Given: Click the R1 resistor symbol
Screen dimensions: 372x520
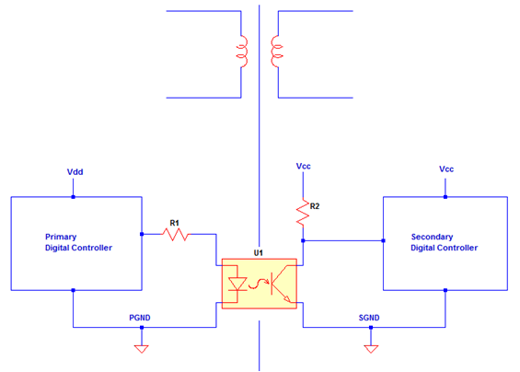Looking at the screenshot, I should click(x=176, y=235).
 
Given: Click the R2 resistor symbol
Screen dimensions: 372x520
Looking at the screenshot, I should click(x=301, y=213).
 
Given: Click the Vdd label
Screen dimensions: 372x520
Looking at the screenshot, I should click(x=75, y=172).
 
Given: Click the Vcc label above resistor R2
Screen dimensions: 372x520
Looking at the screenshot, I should click(x=303, y=166).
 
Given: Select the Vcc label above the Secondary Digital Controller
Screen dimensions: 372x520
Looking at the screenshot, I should click(x=446, y=169).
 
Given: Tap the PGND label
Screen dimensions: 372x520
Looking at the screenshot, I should click(x=140, y=318).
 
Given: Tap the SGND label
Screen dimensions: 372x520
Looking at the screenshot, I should click(x=369, y=318).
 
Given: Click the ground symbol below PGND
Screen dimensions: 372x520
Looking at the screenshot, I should click(x=141, y=348).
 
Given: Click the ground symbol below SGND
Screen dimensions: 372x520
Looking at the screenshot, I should click(x=370, y=348).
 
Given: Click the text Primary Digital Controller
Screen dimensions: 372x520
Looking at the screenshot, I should click(x=78, y=242).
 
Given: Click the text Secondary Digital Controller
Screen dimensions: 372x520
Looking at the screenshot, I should click(x=445, y=242).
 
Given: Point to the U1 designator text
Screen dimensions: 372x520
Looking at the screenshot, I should click(x=259, y=251).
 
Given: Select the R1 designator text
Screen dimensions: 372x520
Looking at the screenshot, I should click(x=174, y=222).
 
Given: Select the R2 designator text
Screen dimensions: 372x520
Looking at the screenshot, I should click(x=315, y=206).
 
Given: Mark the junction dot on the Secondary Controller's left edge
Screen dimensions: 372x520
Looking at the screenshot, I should click(x=382, y=242).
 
